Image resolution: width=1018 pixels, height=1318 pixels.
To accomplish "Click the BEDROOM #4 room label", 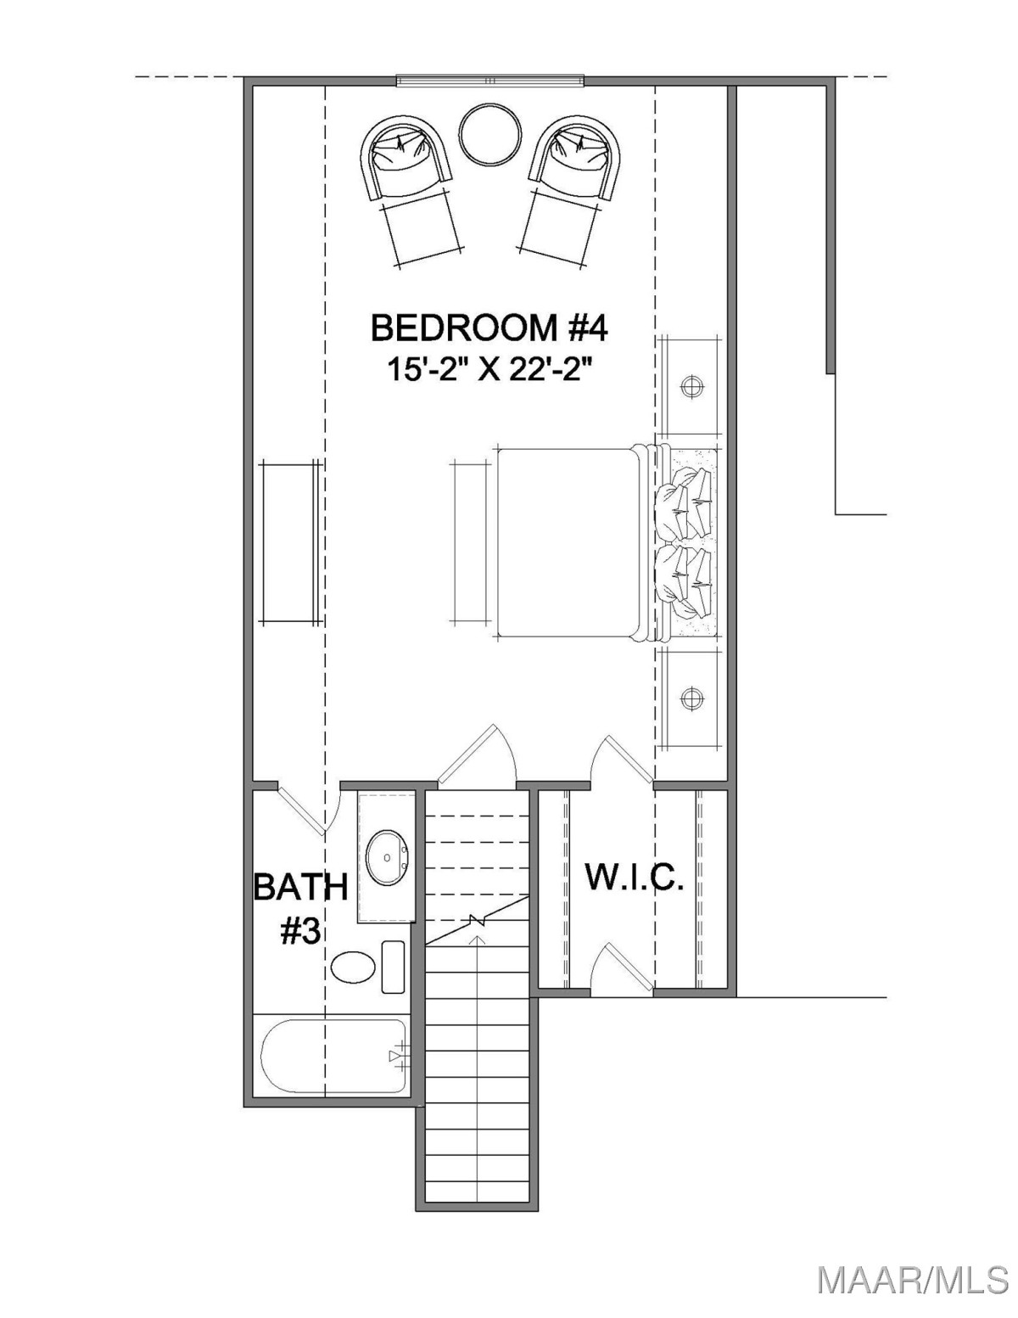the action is coord(489,328).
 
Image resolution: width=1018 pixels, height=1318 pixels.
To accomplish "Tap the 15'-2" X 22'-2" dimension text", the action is coord(489,369).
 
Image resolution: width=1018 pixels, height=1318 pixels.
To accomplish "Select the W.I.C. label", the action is coord(635,877).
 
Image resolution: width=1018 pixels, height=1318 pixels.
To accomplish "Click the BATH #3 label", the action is coord(300,908).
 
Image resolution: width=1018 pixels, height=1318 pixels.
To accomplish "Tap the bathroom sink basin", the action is coord(389,858).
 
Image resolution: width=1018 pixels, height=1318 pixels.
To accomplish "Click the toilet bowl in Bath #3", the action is coord(354,968).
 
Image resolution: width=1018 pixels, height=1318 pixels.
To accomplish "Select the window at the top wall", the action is coord(490,81).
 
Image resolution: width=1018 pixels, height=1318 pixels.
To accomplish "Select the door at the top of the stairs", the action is coord(477,755).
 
